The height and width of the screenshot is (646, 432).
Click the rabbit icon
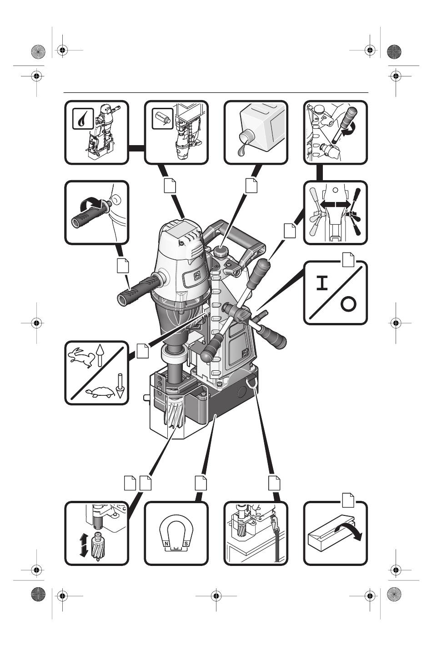[x=80, y=357]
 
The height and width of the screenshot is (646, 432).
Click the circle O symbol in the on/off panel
[x=348, y=304]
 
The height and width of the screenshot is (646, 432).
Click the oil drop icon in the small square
[x=82, y=119]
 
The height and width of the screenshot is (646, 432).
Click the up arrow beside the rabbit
[x=100, y=354]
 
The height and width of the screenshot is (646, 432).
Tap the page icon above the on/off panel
[x=348, y=260]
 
